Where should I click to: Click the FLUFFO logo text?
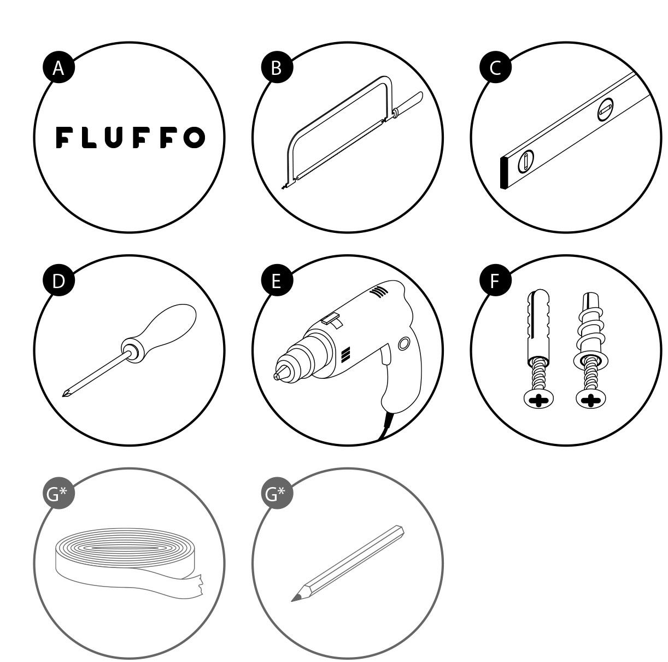pos(130,137)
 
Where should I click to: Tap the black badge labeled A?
pos(58,68)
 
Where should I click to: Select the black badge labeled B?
pos(277,68)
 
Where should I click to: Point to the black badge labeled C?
pos(495,68)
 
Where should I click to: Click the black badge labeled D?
pos(58,280)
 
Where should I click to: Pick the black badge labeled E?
pos(277,280)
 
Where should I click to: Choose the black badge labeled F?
pos(495,280)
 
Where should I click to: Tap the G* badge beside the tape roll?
pos(58,494)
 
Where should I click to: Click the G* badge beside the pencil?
pos(277,494)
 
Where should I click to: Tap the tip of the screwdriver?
pos(64,395)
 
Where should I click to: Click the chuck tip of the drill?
pos(276,376)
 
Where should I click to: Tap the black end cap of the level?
pos(504,173)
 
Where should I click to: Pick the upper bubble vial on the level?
pos(606,109)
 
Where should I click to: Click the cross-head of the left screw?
pos(538,401)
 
